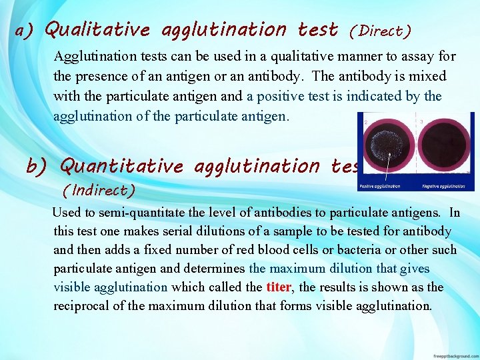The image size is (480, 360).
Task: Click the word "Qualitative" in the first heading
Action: (97, 30)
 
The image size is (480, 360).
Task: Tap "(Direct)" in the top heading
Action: (380, 31)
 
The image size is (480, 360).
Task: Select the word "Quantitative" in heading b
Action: (121, 165)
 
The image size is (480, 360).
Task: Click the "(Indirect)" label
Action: (98, 190)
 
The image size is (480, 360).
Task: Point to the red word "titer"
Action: (278, 287)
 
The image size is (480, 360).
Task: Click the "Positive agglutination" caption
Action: (380, 186)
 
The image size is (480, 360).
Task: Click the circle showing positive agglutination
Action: (385, 149)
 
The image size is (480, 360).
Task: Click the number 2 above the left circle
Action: (365, 122)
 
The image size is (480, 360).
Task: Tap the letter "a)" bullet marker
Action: (25, 31)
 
